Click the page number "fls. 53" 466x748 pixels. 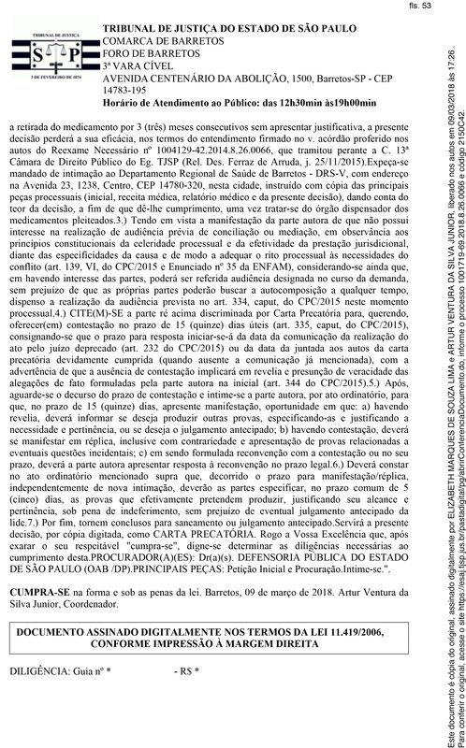click(x=429, y=7)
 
